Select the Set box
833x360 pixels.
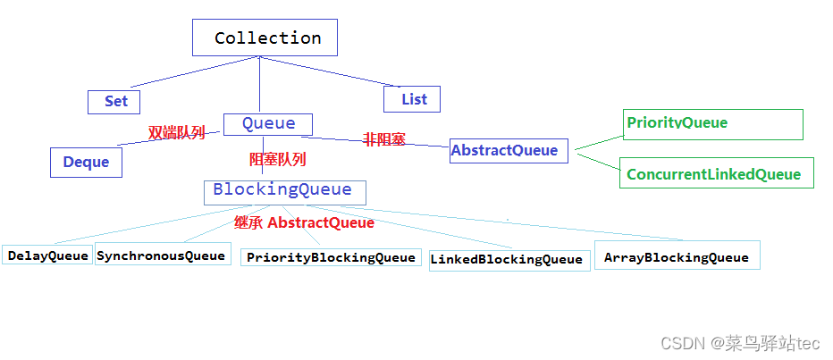point(114,101)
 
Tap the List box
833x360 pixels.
point(412,99)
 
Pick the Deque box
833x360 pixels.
point(86,162)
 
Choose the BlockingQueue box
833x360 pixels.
point(283,191)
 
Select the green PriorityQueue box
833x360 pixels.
point(712,124)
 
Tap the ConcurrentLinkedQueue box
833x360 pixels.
point(715,173)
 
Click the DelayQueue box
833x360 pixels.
point(48,255)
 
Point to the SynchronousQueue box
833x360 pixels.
point(162,255)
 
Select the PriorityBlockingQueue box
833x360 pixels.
point(331,257)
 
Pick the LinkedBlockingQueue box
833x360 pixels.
point(508,259)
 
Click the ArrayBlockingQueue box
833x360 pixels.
point(677,256)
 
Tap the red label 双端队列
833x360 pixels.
point(176,133)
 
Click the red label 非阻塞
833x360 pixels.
point(383,139)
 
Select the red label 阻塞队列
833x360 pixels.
point(277,160)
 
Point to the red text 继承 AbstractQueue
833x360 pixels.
point(304,222)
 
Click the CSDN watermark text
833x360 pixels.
point(739,342)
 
